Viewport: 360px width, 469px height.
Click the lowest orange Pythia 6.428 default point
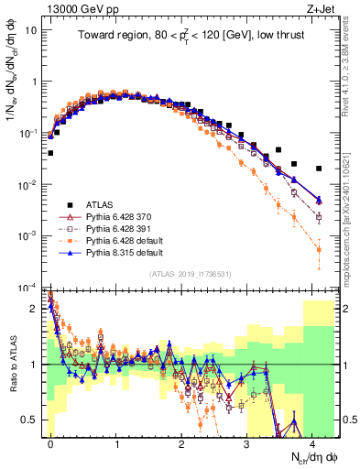pyautogui.click(x=318, y=249)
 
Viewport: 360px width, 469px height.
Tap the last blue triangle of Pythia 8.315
pyautogui.click(x=318, y=201)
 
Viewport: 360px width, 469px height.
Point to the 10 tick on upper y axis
pyautogui.click(x=30, y=30)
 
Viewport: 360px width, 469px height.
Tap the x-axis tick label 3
pyautogui.click(x=248, y=443)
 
